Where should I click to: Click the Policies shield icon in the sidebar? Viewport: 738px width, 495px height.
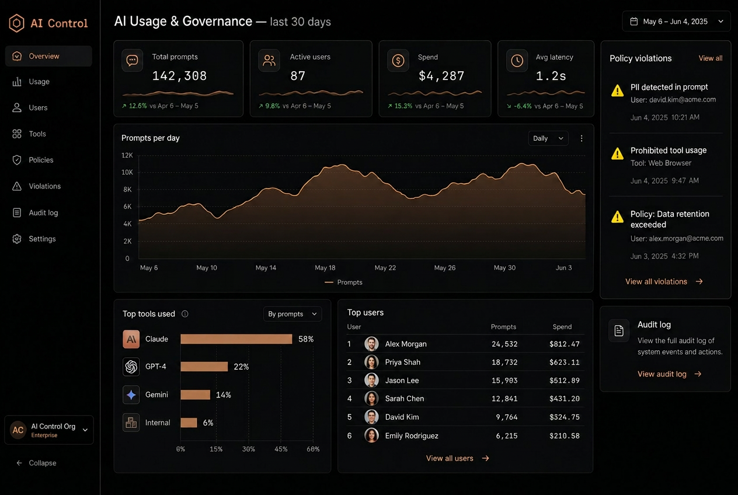click(17, 160)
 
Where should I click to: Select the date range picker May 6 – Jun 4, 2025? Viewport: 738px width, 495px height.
click(676, 22)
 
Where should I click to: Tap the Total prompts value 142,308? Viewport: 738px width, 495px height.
click(180, 76)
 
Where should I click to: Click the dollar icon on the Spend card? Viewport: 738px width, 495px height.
click(398, 61)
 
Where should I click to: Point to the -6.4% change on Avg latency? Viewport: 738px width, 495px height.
click(523, 106)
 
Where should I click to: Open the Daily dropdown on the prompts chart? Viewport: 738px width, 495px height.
click(548, 138)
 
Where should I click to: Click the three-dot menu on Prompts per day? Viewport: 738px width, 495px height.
click(582, 138)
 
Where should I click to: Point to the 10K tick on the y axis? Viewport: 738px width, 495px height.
click(127, 172)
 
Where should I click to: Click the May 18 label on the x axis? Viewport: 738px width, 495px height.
click(325, 268)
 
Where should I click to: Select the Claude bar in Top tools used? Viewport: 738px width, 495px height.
click(236, 339)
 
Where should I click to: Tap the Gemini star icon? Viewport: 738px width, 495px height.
click(131, 395)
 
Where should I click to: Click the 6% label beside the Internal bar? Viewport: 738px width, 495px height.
click(208, 423)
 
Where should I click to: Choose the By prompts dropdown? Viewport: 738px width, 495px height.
click(293, 314)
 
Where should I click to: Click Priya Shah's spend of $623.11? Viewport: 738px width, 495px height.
click(565, 362)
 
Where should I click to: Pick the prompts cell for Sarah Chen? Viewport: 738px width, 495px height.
click(504, 399)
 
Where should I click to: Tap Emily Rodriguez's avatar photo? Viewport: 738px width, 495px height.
click(371, 435)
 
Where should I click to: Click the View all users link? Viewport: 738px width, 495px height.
click(458, 458)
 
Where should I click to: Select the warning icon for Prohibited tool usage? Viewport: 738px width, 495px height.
click(617, 154)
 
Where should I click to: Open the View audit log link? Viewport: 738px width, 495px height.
click(670, 374)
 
